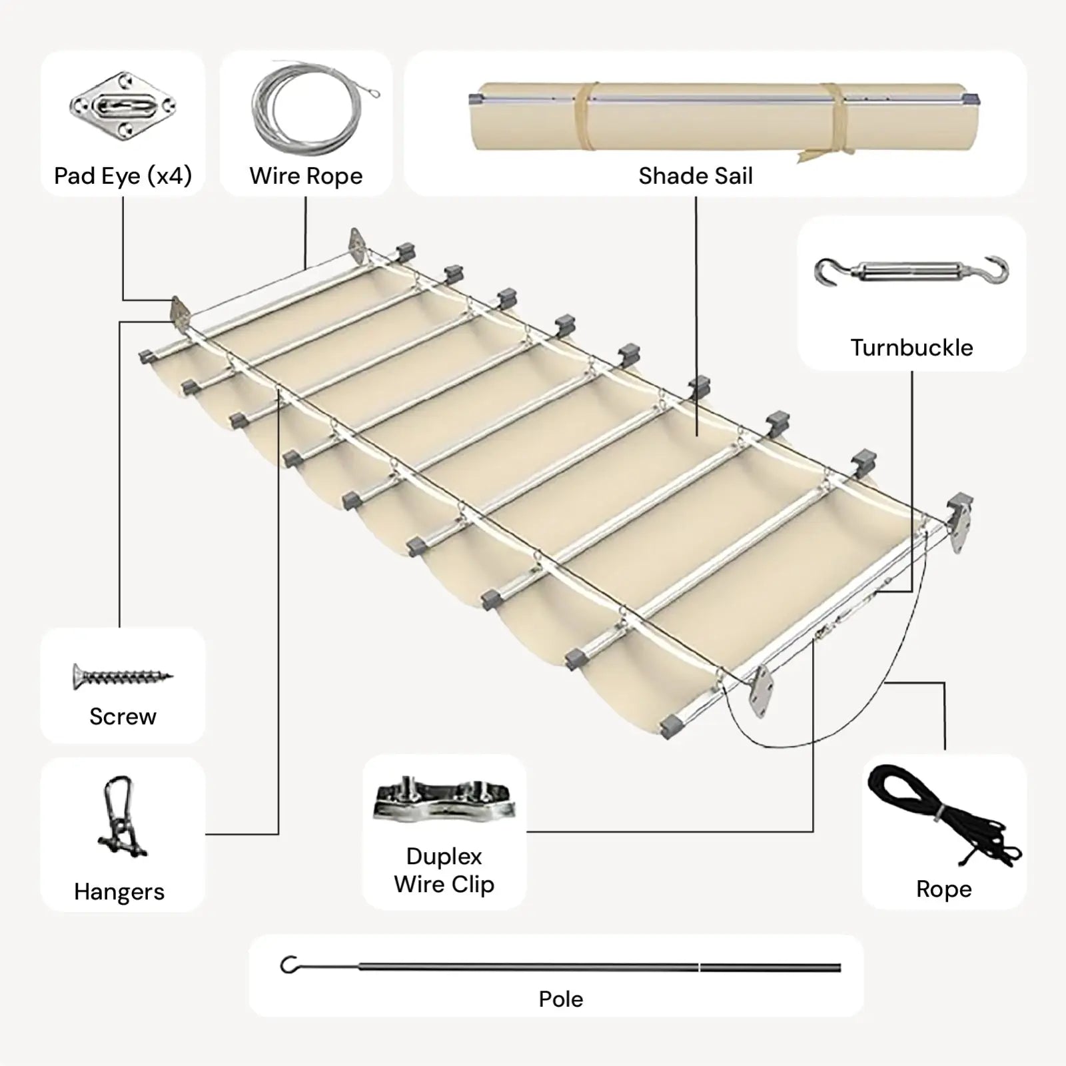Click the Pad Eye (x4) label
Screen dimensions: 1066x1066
click(123, 176)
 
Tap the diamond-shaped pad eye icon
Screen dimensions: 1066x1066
click(123, 106)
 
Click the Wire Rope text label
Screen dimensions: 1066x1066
click(306, 176)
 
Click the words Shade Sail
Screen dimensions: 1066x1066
click(695, 176)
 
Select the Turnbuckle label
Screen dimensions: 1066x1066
click(911, 347)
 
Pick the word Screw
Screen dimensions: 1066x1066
click(123, 716)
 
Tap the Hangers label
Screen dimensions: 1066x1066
click(119, 891)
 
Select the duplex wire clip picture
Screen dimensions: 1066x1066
click(444, 799)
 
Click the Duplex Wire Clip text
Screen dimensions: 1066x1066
click(444, 870)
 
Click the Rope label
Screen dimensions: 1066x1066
click(943, 889)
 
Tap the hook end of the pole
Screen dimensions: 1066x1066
click(289, 964)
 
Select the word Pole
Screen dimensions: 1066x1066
click(561, 999)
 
